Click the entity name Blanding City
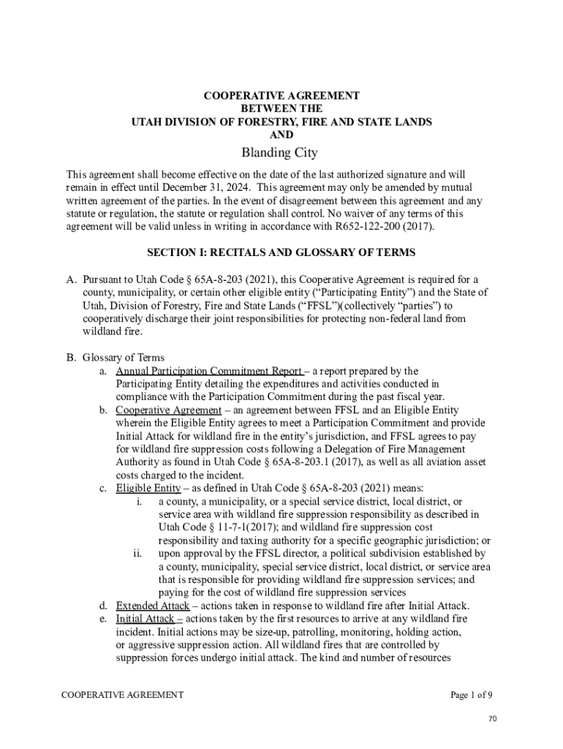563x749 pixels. tap(281, 153)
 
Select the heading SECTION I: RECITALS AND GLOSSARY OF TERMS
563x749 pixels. tap(281, 252)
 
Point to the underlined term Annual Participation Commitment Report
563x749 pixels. tap(208, 371)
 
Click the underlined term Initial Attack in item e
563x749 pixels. tap(145, 619)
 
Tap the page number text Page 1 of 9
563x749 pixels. tap(476, 695)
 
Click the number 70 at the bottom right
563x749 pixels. tap(493, 720)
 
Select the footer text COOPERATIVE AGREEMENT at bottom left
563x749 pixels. tap(122, 695)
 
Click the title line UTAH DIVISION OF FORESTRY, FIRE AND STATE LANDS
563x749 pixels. tap(281, 122)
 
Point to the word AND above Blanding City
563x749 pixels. tap(281, 135)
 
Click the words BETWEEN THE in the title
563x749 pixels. tap(281, 109)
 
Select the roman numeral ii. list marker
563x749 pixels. tap(137, 554)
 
